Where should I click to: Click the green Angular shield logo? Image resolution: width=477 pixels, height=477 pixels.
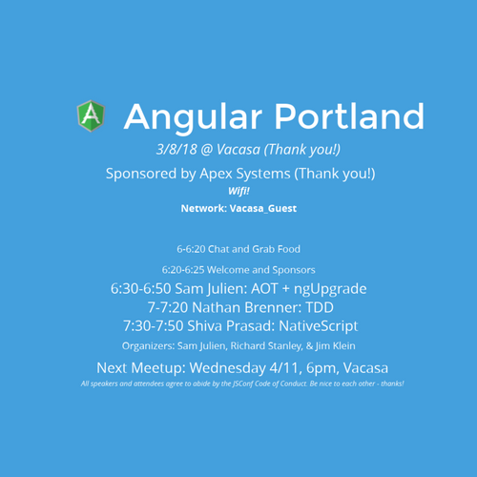(91, 115)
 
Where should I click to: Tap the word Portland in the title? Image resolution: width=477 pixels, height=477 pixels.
(349, 116)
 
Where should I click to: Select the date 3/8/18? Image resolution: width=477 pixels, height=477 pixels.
(176, 150)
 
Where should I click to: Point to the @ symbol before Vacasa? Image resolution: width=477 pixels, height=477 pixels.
(207, 150)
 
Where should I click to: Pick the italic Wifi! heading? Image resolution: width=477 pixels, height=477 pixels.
(238, 191)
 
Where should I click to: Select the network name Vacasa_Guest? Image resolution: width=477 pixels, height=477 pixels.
(263, 209)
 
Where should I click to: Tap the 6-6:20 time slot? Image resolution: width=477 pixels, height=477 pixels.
(191, 249)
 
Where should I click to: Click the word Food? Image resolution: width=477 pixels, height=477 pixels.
(289, 249)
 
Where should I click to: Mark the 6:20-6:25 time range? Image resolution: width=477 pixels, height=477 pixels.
(183, 270)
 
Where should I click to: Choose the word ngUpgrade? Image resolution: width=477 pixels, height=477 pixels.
(330, 289)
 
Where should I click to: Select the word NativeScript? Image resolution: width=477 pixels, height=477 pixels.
(319, 326)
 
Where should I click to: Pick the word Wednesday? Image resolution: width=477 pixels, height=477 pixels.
(227, 368)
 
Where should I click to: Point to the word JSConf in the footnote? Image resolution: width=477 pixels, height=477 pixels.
(243, 384)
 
